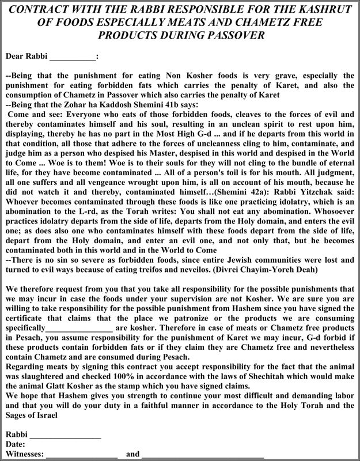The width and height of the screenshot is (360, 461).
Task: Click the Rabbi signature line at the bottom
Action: pos(65,435)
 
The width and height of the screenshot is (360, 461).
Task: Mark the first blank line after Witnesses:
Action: pos(82,454)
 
